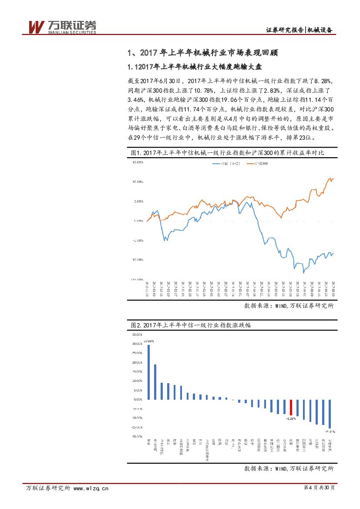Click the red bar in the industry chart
[x=291, y=407]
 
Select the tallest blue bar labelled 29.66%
[x=149, y=372]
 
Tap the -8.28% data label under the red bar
[x=291, y=418]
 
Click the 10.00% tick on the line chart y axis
[x=137, y=182]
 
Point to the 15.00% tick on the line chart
[x=137, y=162]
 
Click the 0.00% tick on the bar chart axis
[x=138, y=399]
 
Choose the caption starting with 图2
[x=190, y=325]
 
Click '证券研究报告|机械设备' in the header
[x=299, y=30]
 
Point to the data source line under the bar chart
[x=289, y=469]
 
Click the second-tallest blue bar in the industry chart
[x=155, y=382]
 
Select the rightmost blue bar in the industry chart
[x=330, y=414]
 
